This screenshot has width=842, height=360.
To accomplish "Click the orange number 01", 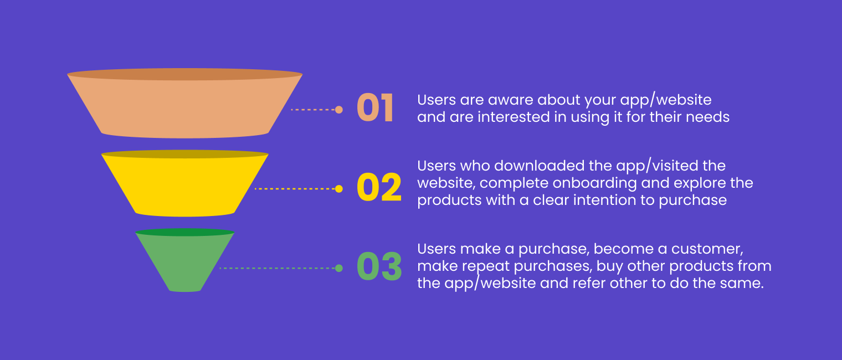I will click(375, 109).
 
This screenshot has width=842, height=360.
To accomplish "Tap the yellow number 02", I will click(379, 188).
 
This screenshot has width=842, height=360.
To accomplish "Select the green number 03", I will click(379, 267).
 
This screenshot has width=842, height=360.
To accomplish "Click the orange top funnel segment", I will click(185, 108).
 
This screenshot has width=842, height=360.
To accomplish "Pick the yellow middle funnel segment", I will click(185, 186).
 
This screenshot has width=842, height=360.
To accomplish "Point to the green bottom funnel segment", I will click(185, 263).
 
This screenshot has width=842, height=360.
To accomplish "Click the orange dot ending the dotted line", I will click(339, 110).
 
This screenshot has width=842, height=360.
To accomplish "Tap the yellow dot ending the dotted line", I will click(339, 189).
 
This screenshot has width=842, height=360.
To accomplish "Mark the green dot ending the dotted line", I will click(339, 268).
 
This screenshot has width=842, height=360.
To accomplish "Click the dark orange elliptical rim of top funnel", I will click(185, 74).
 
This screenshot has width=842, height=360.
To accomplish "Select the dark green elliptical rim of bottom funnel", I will click(185, 233).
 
